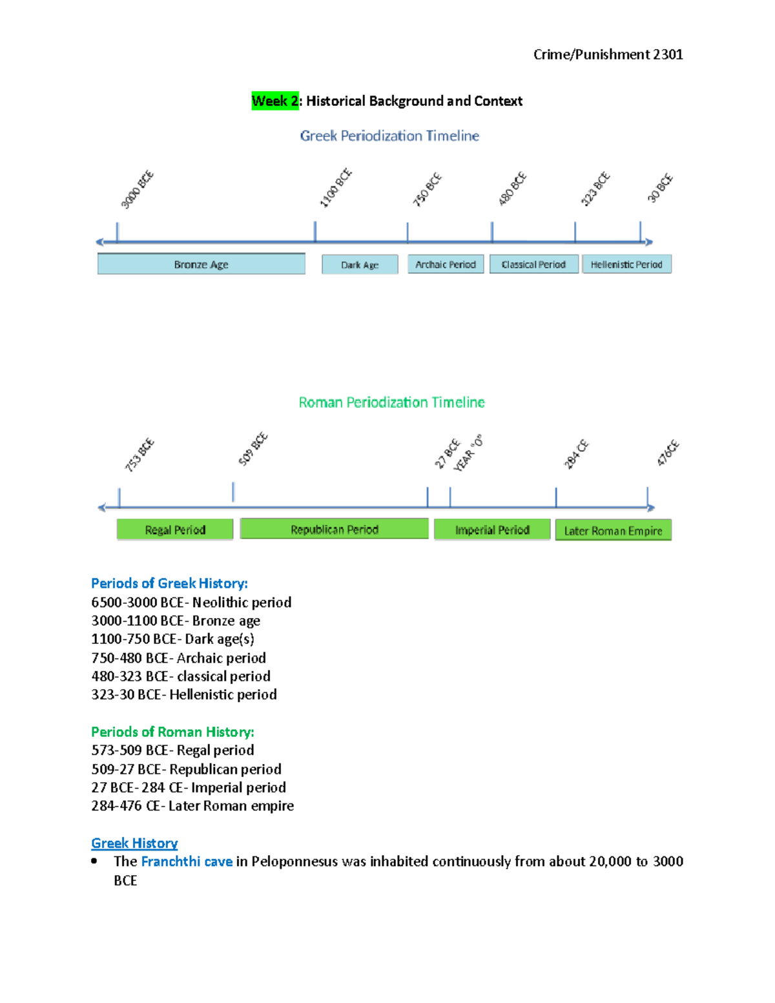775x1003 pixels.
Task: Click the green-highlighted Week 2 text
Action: (x=275, y=101)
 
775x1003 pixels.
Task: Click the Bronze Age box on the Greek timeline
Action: (x=201, y=264)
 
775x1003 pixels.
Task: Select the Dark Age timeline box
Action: (x=360, y=264)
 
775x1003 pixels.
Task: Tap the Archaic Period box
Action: (x=446, y=264)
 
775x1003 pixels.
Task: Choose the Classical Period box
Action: (x=533, y=264)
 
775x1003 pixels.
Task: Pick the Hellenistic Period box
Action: (x=626, y=264)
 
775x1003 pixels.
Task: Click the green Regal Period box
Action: (x=175, y=530)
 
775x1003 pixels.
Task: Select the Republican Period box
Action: (x=334, y=529)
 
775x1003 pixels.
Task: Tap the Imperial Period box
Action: (x=492, y=530)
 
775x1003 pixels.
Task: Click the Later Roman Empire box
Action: (x=613, y=530)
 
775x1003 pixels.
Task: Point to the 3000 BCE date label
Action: (x=137, y=189)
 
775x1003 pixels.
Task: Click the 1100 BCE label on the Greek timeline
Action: (x=336, y=188)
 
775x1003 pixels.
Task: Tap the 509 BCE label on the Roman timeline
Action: (x=253, y=449)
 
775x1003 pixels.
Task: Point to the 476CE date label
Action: (x=668, y=453)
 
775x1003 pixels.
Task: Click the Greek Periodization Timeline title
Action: (x=389, y=136)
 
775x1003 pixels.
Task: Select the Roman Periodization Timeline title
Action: (x=391, y=402)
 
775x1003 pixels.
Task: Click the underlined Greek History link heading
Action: (x=134, y=843)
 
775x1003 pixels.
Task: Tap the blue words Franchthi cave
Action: (x=187, y=861)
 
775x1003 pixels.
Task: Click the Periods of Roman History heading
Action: (x=172, y=732)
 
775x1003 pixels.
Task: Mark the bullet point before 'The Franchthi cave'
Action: (x=95, y=861)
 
